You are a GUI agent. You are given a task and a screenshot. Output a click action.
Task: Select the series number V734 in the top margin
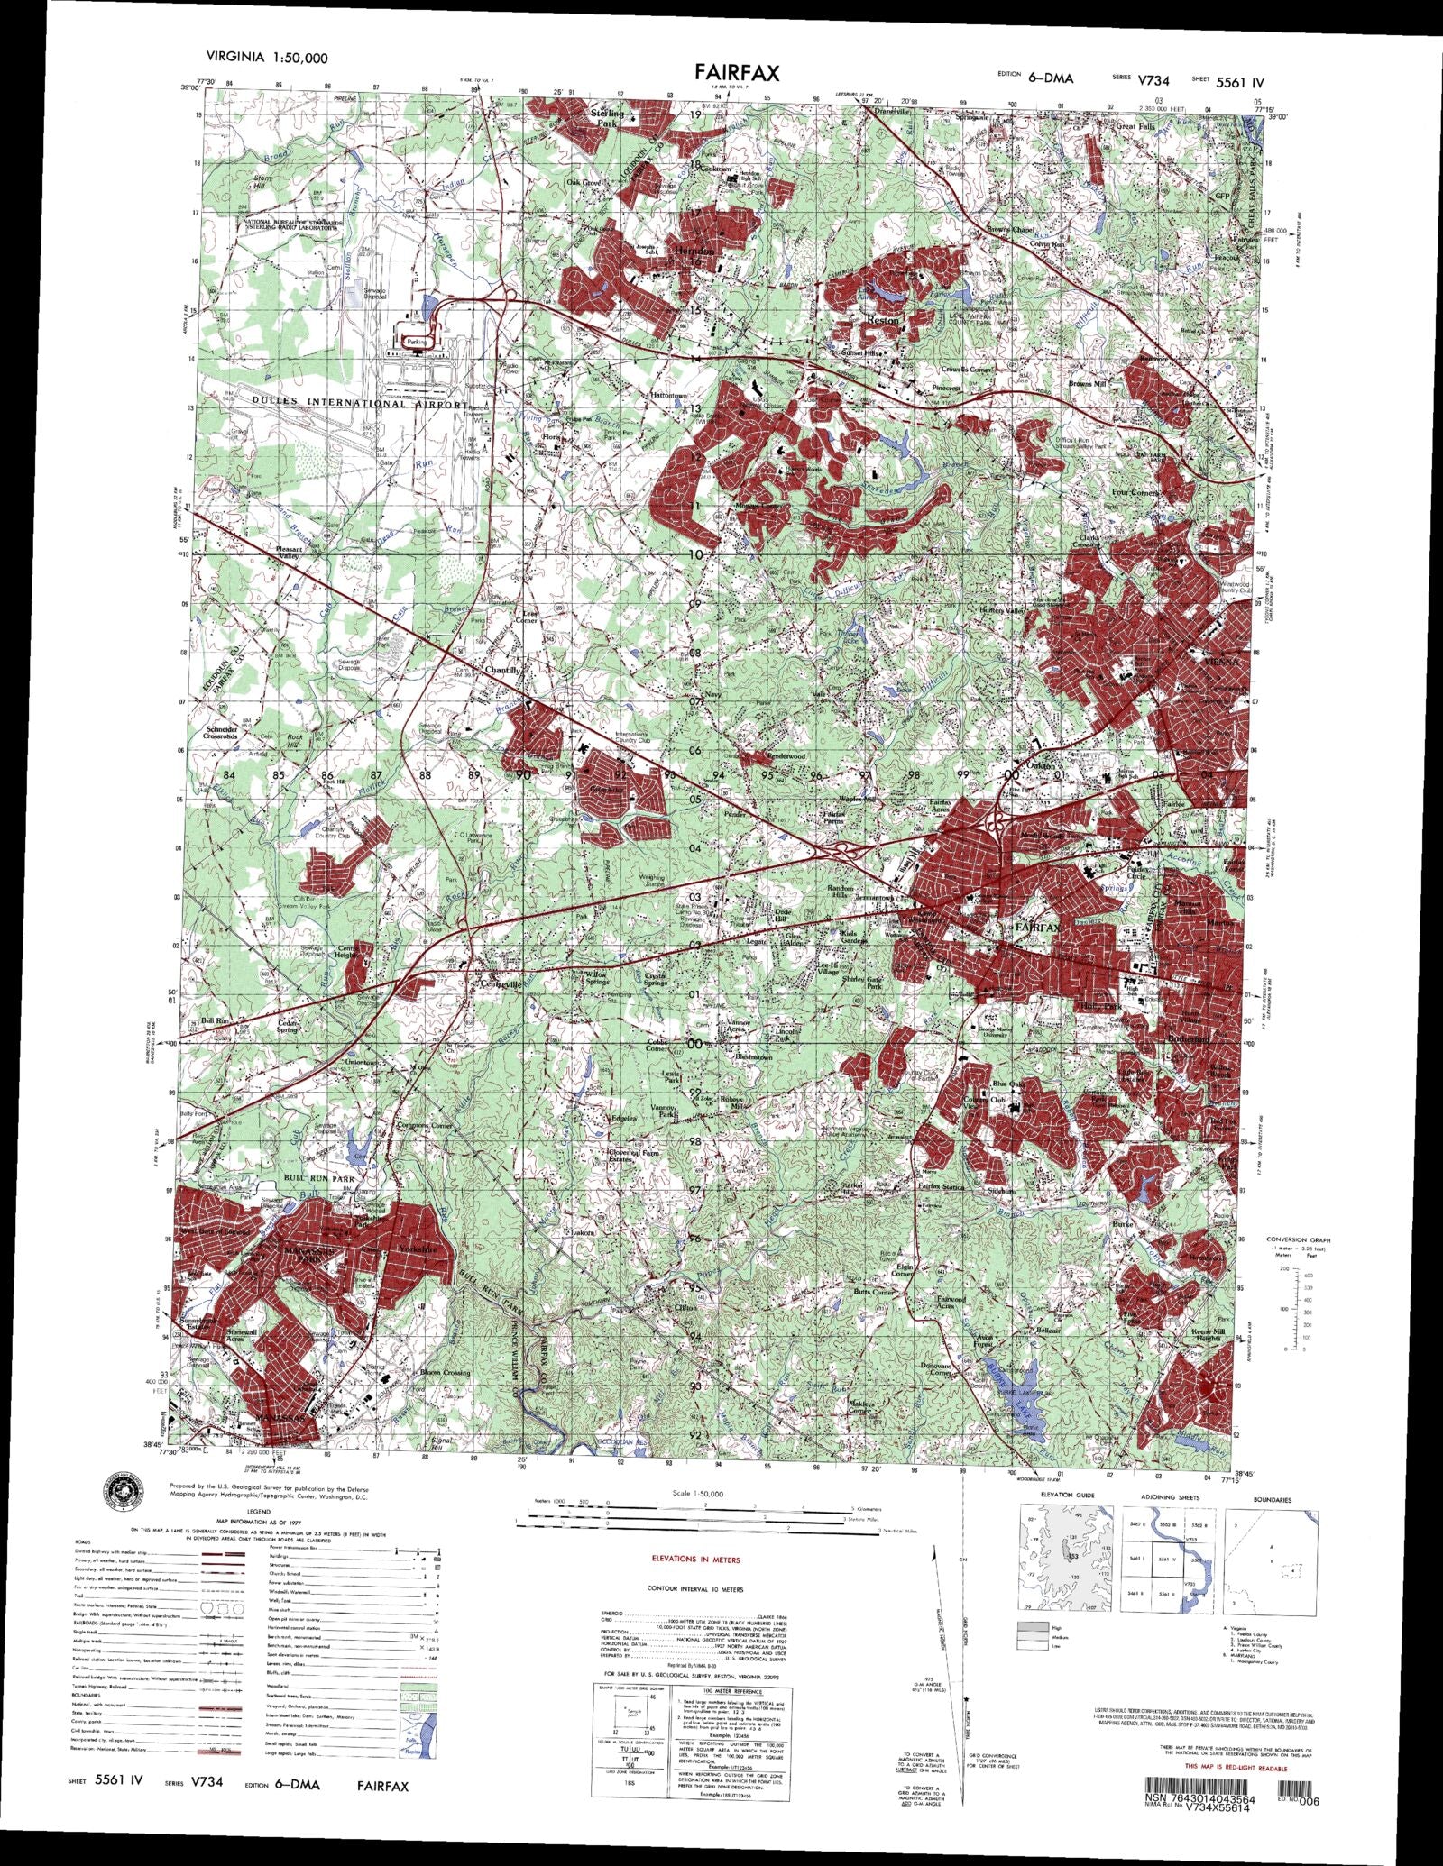click(x=1153, y=80)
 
